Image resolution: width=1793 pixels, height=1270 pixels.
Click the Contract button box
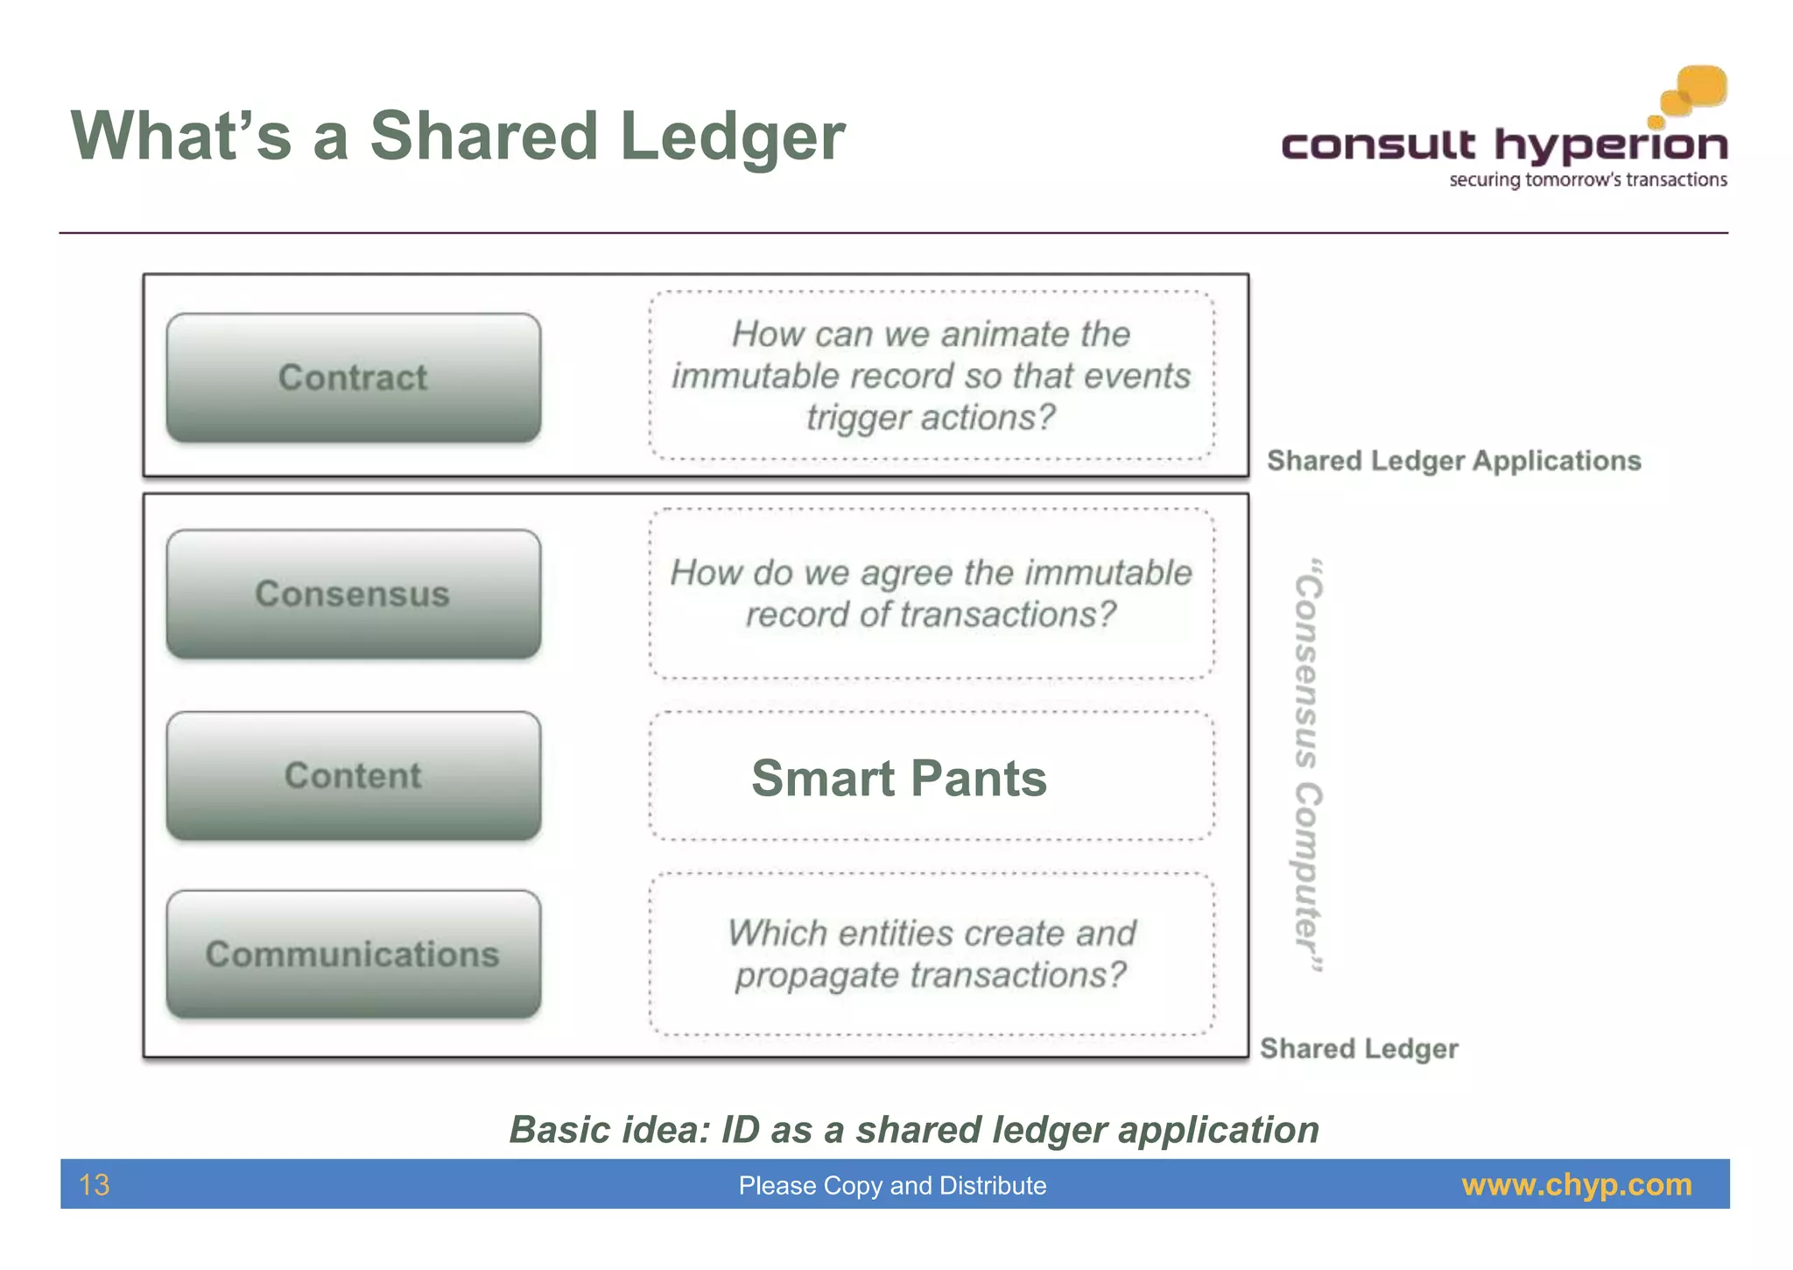(x=353, y=377)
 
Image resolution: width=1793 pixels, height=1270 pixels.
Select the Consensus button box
(x=353, y=594)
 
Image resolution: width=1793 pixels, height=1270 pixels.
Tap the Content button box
(x=353, y=776)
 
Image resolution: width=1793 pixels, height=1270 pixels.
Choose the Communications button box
(x=353, y=954)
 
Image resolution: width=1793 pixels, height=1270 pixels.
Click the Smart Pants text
(x=899, y=778)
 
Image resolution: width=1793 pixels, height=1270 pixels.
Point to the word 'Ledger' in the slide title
(x=732, y=138)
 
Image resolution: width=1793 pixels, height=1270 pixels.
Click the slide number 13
(x=95, y=1185)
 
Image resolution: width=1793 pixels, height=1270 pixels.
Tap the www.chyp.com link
(x=1577, y=1185)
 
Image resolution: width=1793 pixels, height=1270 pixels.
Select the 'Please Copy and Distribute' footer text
(x=892, y=1186)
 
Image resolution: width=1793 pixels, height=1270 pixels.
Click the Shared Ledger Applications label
(x=1453, y=461)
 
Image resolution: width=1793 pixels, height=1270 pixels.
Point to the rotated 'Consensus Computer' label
(x=1308, y=766)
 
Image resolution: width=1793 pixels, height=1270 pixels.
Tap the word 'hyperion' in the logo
(x=1611, y=145)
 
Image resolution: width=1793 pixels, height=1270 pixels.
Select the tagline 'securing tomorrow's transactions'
(x=1588, y=180)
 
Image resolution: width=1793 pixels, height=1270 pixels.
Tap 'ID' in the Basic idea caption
(x=740, y=1130)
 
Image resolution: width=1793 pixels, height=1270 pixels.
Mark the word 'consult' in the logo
(x=1378, y=145)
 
